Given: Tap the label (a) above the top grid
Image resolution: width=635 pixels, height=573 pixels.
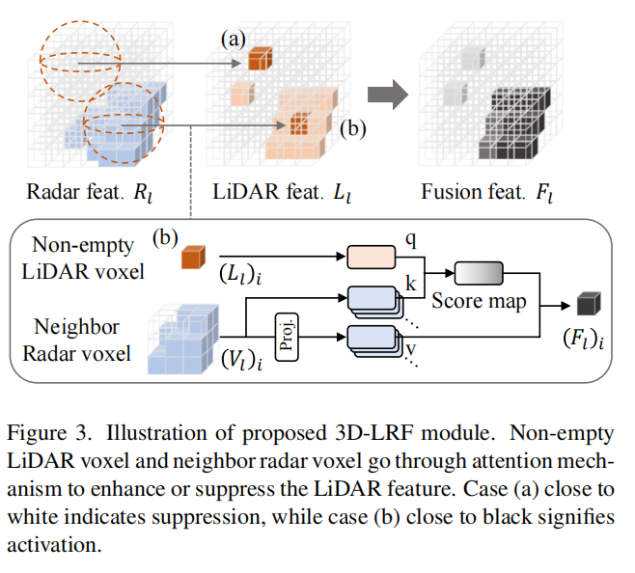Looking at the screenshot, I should [233, 40].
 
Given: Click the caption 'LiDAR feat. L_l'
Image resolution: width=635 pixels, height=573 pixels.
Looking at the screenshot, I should [280, 192].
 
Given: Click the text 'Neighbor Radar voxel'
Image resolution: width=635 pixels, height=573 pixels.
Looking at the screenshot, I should [82, 339].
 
